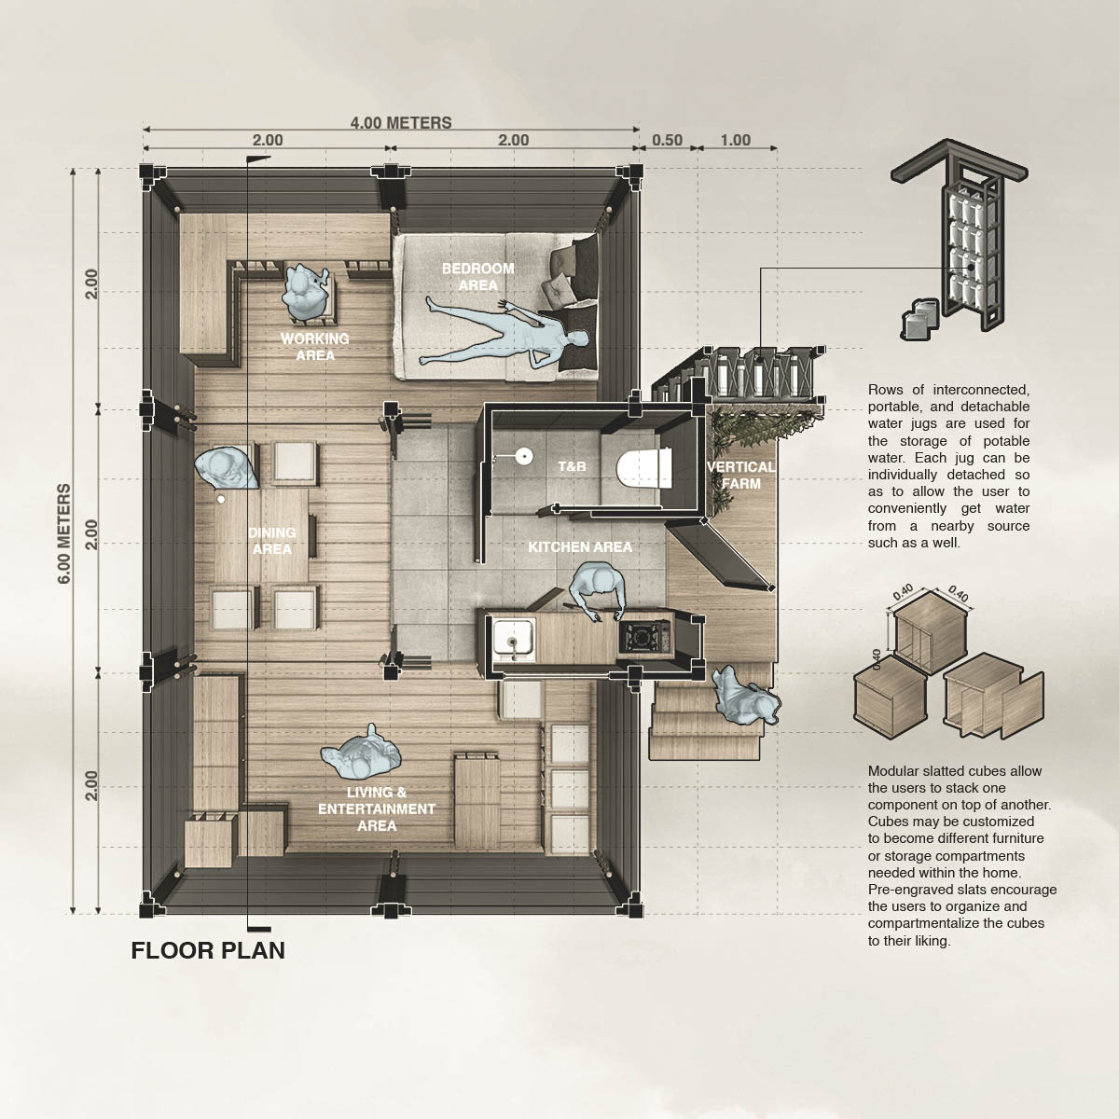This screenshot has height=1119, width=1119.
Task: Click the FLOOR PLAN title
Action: pyautogui.click(x=208, y=950)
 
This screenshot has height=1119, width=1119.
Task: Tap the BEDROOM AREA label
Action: pyautogui.click(x=478, y=277)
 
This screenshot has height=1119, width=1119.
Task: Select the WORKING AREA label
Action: pyautogui.click(x=315, y=347)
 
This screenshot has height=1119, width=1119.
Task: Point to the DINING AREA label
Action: pyautogui.click(x=271, y=541)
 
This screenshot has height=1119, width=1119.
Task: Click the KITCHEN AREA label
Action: pyautogui.click(x=580, y=547)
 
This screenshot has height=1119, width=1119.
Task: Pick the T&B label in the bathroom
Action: pyautogui.click(x=572, y=466)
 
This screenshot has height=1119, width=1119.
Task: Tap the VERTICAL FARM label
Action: pyautogui.click(x=741, y=475)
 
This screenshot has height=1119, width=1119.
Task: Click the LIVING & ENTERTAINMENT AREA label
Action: pyautogui.click(x=377, y=808)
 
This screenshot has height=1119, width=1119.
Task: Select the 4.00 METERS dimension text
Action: pyautogui.click(x=401, y=123)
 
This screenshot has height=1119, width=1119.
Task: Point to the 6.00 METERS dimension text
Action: pyautogui.click(x=64, y=533)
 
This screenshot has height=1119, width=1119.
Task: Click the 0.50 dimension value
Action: pyautogui.click(x=668, y=141)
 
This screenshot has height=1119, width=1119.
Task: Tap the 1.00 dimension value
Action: pyautogui.click(x=736, y=141)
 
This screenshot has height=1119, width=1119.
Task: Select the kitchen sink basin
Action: pyautogui.click(x=513, y=640)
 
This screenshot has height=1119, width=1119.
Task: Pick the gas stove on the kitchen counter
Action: pyautogui.click(x=644, y=637)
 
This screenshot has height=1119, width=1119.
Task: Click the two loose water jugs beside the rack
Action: pyautogui.click(x=919, y=318)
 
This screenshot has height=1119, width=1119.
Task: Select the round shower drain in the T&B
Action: pyautogui.click(x=524, y=456)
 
